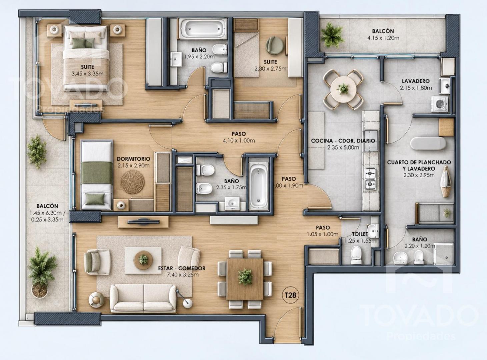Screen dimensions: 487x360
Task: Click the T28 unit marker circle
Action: (290, 295)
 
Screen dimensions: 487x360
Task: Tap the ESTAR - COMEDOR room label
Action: (182, 268)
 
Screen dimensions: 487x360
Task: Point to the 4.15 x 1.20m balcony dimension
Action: (383, 38)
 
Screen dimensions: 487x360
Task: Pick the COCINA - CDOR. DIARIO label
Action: (343, 141)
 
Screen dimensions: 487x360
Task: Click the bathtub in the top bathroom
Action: (202, 29)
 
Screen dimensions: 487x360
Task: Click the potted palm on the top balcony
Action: (332, 35)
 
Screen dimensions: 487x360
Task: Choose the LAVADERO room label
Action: (416, 81)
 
